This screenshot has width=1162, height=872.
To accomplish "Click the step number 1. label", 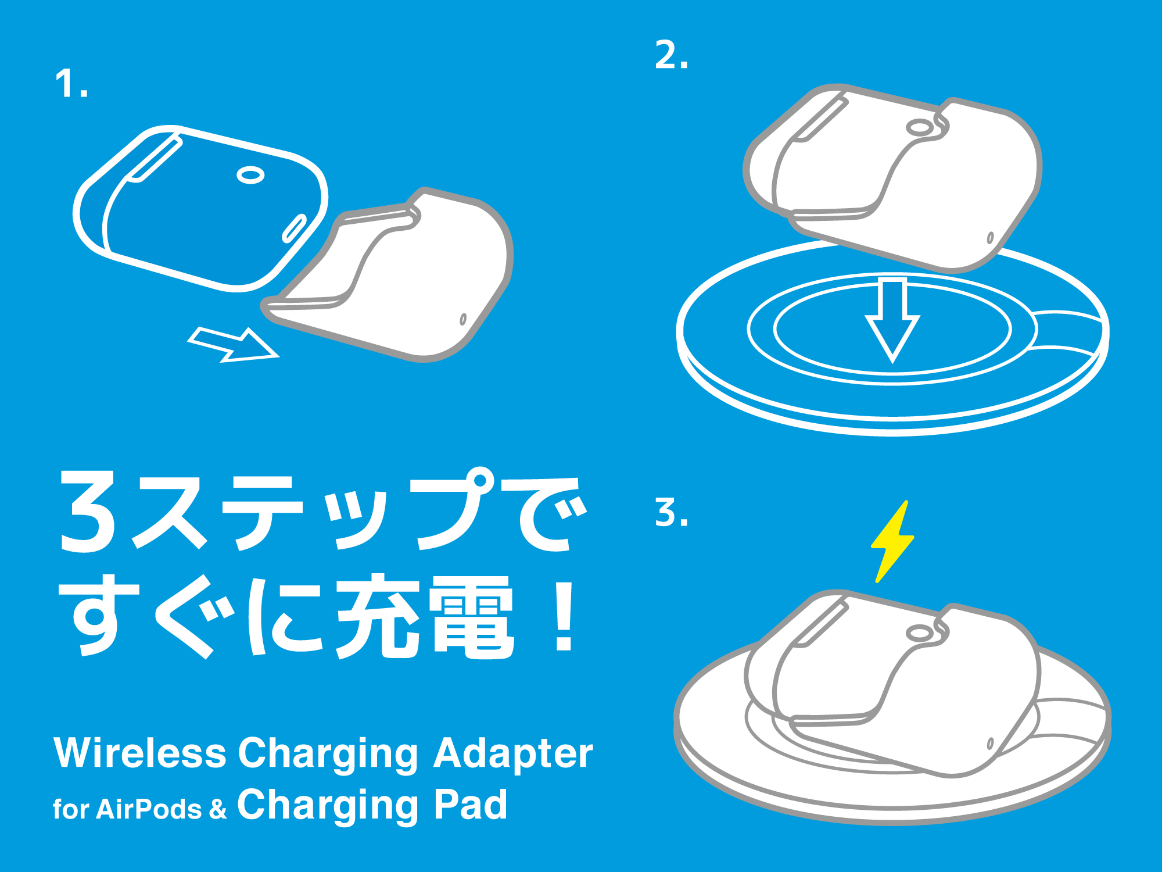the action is (x=71, y=84).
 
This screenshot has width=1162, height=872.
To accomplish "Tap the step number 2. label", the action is (x=672, y=55).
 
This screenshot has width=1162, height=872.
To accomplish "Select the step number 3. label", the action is (x=672, y=513).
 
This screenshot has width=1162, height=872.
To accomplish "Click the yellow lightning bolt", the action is (x=892, y=541).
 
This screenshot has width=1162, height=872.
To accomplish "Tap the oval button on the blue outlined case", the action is (x=250, y=175).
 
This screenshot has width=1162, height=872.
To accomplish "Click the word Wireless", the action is (x=139, y=753).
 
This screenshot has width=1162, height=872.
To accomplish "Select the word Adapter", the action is (x=513, y=754).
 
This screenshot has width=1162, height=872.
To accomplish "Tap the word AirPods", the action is (x=149, y=809).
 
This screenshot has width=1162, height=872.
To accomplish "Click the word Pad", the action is (x=471, y=805).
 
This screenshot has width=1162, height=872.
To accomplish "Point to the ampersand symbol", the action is (x=218, y=809).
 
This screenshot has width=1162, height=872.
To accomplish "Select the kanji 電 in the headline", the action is (x=471, y=617).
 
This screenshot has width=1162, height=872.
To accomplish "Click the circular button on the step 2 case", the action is (x=920, y=127).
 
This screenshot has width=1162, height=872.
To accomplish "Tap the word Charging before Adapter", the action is (x=328, y=754).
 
